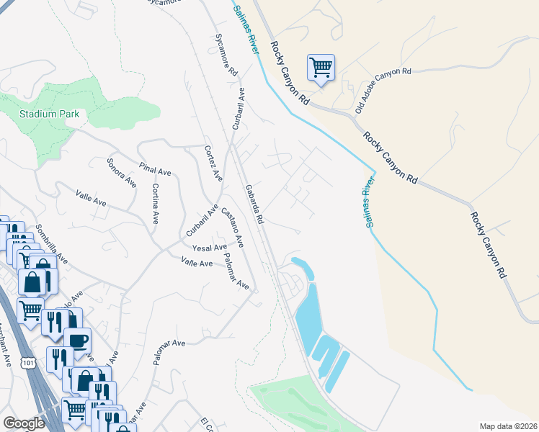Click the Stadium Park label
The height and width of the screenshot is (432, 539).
(43, 114)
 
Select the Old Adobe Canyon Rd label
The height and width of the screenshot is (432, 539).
(374, 86)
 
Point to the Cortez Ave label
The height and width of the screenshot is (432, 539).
(212, 163)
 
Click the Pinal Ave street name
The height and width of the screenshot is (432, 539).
(155, 167)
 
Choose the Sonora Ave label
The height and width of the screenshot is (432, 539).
(121, 173)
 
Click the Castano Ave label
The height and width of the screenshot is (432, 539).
(232, 228)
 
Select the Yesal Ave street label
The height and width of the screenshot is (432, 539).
(209, 248)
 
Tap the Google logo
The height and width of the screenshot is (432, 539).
(24, 423)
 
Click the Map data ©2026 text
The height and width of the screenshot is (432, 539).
(507, 426)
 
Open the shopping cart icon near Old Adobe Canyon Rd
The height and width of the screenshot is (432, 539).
(321, 68)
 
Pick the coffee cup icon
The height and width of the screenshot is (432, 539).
(77, 339)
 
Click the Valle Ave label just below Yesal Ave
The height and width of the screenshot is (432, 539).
(197, 264)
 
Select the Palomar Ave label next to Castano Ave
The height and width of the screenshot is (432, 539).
(236, 271)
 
